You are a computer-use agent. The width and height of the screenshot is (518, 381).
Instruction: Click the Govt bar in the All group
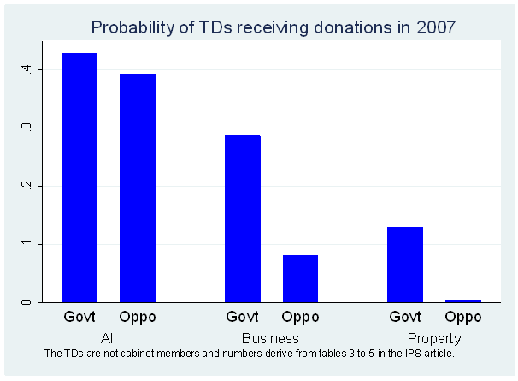coord(79,177)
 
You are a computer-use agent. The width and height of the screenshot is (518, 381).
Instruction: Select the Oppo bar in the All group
coord(138,188)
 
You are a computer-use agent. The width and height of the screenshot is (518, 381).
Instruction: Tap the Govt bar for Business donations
coord(242,218)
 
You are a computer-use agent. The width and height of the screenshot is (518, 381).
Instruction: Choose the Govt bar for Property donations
coord(405,264)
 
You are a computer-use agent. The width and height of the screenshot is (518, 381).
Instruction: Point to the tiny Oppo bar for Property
coord(463,301)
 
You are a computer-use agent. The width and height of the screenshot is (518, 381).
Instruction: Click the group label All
coord(109,338)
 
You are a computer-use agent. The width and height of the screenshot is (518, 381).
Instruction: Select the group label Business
coord(270,338)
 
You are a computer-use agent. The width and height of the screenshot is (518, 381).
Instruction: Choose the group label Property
coord(434,338)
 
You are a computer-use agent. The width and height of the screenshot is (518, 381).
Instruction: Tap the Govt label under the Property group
coord(405,318)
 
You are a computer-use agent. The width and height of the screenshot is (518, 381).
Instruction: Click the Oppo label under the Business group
coord(300,318)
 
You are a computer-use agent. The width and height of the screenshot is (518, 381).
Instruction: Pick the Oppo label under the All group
coord(138,318)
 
